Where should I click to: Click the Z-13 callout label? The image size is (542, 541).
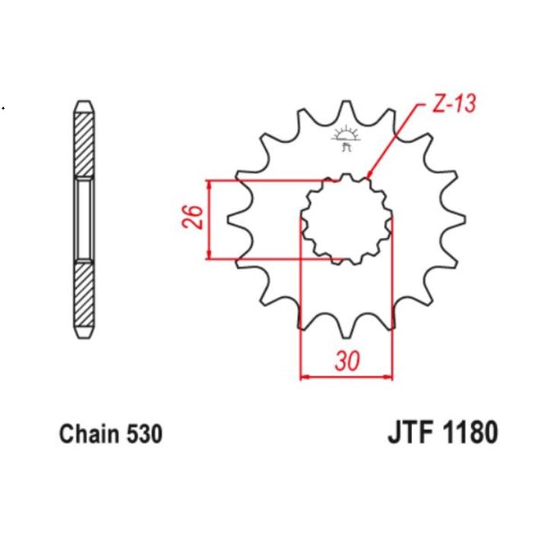pos(454,103)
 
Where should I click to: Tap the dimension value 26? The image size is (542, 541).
pos(193,219)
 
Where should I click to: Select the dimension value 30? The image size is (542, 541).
pos(347,362)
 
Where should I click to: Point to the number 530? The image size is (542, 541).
pos(143,435)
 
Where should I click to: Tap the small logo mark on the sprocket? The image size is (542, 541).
pos(347,138)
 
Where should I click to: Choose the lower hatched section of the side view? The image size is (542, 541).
pos(84,298)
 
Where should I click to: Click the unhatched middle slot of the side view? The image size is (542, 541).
pos(84,220)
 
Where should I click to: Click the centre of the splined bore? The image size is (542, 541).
pos(347,220)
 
